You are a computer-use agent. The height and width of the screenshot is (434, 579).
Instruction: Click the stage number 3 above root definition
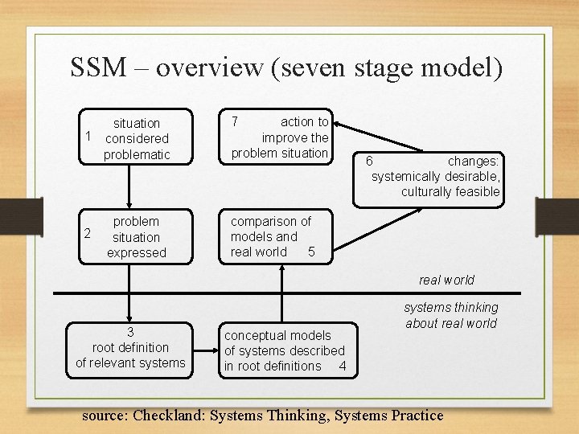pos(130,332)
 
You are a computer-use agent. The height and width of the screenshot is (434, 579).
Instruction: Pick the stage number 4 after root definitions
pos(343,366)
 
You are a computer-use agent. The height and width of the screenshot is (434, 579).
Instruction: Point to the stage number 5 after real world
pos(311,252)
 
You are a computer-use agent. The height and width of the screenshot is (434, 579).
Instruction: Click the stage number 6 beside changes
pos(368,161)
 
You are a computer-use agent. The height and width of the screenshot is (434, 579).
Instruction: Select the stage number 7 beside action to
pos(234,122)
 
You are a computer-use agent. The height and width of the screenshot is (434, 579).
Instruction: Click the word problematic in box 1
pos(137,154)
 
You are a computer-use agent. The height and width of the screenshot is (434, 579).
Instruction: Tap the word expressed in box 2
pos(137,252)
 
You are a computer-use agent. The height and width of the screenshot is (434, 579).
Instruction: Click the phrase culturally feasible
pos(450,191)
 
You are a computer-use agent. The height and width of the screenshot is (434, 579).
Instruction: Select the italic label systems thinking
pos(450,307)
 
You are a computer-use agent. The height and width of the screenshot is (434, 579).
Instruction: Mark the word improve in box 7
pos(278,137)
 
